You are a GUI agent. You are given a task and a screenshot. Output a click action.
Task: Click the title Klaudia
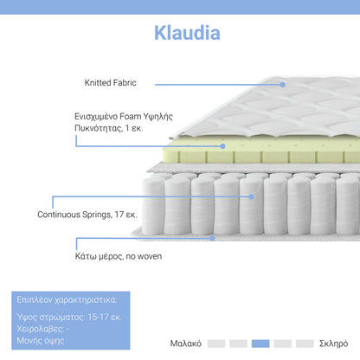click(187, 33)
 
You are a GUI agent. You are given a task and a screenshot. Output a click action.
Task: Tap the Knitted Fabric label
click(111, 84)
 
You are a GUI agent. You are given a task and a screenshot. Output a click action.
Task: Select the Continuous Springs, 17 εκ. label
click(87, 213)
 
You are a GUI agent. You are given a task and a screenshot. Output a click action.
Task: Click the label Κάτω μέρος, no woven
click(106, 256)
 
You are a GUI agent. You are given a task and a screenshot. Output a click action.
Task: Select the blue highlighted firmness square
click(260, 343)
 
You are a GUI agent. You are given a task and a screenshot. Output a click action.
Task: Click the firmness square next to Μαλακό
click(216, 343)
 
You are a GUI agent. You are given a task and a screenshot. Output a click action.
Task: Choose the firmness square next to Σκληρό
click(305, 343)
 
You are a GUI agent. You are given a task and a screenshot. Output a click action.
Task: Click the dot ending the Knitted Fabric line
click(283, 84)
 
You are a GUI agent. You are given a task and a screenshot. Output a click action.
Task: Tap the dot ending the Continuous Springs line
click(253, 196)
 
